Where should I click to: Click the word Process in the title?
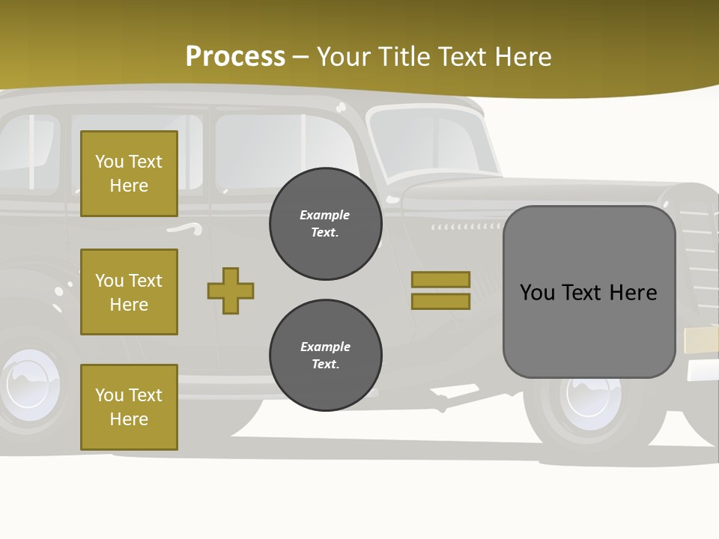click(235, 57)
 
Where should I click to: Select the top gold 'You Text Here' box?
click(129, 174)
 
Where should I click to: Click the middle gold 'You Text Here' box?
click(129, 292)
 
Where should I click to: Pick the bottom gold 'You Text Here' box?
click(129, 407)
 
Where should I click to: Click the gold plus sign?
click(231, 290)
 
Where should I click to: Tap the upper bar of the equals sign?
click(440, 279)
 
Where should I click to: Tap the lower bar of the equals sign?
click(440, 301)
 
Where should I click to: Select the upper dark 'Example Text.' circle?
click(325, 224)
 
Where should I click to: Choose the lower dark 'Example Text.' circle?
click(325, 356)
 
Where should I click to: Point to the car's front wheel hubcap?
click(594, 395)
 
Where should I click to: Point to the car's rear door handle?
click(183, 228)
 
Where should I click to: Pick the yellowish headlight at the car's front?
click(701, 340)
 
